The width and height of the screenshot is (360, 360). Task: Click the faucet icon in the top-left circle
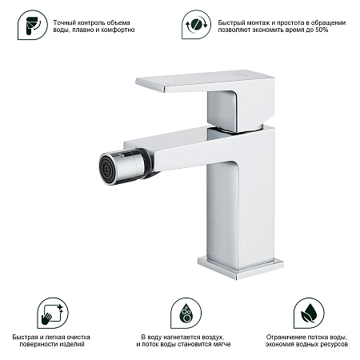(30, 25)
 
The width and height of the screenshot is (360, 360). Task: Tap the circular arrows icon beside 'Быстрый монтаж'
(193, 25)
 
